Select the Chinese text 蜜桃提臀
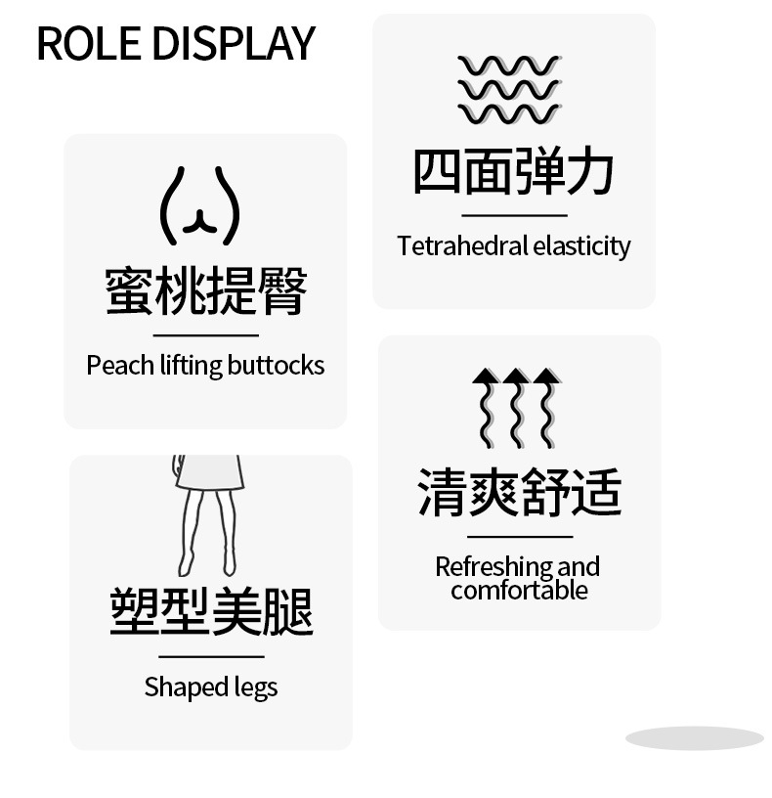pos(206,290)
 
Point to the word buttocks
pos(276,366)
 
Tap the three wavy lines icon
pos(509,90)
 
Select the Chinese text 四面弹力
pos(514,171)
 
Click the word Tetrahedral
pos(462,245)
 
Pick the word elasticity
pos(582,245)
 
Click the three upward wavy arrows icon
pos(517,407)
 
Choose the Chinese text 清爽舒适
pos(520,491)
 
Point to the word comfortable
pos(520,591)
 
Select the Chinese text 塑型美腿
pos(211,610)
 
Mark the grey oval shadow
pos(694,738)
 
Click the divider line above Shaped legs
pos(211,656)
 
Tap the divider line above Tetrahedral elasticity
pos(514,215)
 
